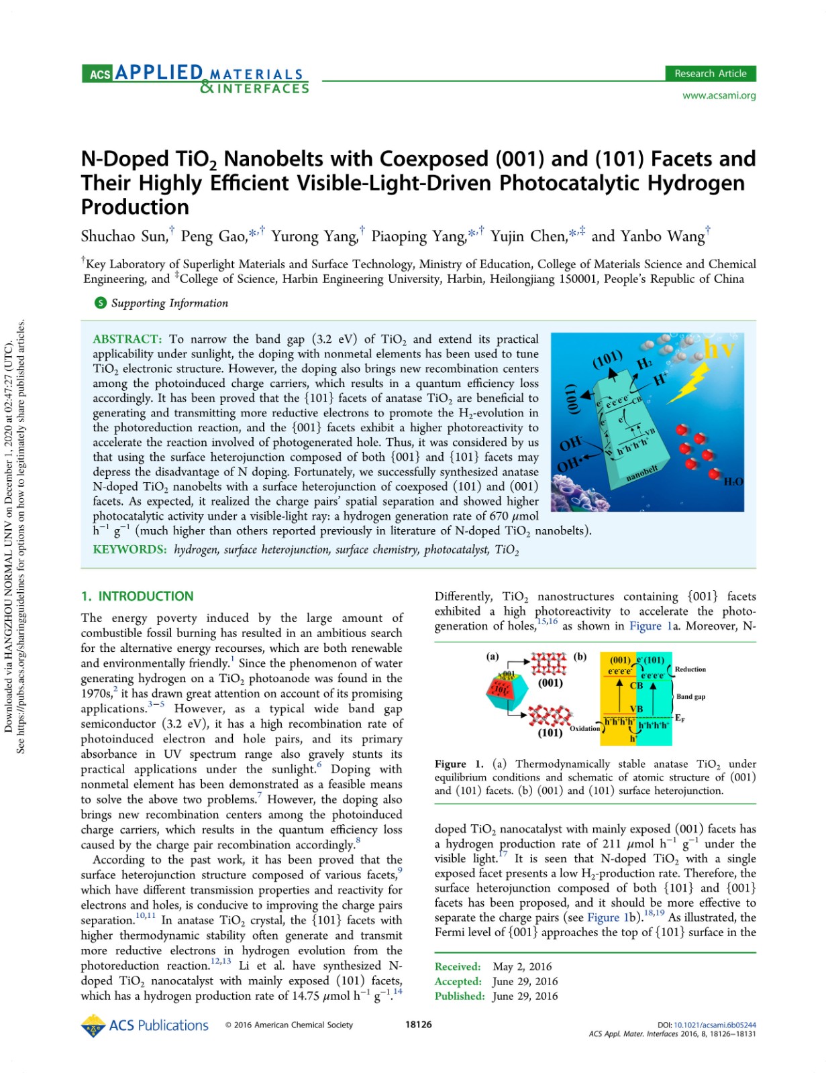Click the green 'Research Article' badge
(710, 74)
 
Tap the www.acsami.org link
(719, 95)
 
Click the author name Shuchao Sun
(123, 236)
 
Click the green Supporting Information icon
(100, 303)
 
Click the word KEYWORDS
(130, 550)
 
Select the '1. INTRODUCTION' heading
(137, 596)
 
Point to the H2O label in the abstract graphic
(733, 482)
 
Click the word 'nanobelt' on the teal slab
(641, 472)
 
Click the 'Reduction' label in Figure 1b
(690, 669)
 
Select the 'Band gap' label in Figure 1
(690, 697)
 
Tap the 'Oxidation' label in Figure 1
(584, 728)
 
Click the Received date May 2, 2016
(522, 966)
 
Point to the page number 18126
(419, 1025)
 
